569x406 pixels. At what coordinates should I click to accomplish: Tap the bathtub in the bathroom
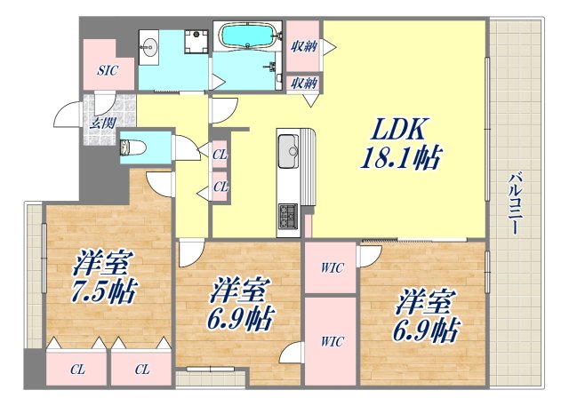[248, 36]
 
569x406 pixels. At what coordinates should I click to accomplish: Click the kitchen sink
[288, 150]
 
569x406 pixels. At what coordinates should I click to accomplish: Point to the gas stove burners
[289, 214]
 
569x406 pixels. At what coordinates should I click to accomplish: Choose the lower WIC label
[332, 340]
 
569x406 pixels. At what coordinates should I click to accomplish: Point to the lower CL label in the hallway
[219, 187]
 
